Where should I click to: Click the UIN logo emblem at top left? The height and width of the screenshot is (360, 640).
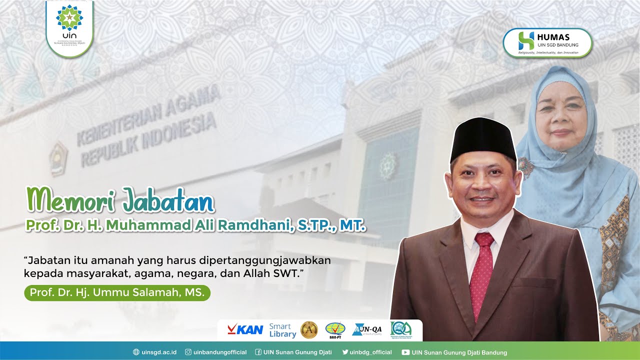pos(69,18)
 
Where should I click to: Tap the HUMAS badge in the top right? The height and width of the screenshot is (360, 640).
pos(547,42)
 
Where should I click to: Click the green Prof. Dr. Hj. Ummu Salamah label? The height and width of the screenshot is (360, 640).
pos(117,292)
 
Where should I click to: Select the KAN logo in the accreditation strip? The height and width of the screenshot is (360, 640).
pos(245,329)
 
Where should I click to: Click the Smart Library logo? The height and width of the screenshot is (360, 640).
pos(282,330)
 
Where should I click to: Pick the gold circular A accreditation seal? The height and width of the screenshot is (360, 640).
pos(309,330)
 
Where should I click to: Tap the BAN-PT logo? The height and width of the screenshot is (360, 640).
pos(335,330)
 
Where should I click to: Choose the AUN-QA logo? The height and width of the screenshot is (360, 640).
pos(367,329)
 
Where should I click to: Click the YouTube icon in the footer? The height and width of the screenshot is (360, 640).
pos(405,352)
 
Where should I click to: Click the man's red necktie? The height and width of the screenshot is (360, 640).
pos(482,270)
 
